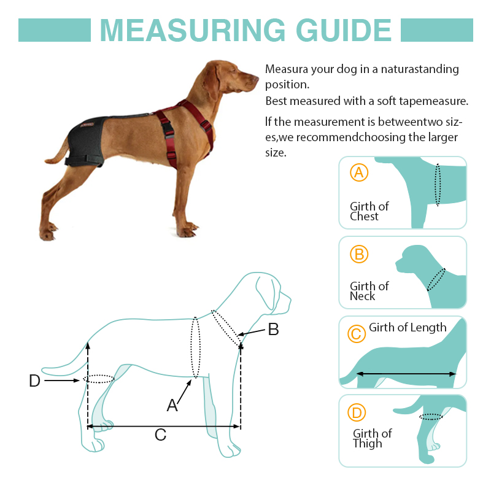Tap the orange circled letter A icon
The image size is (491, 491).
point(359,173)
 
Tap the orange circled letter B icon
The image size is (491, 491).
point(359,253)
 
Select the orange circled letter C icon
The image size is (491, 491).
point(356,334)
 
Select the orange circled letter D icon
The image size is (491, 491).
point(357,413)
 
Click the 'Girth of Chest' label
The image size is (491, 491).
point(369,211)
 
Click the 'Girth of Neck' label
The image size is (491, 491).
point(369,291)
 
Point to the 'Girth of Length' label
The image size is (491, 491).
point(408,328)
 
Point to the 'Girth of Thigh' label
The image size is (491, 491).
point(372,438)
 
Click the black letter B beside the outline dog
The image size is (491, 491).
point(273,330)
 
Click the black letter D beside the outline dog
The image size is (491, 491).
point(35,381)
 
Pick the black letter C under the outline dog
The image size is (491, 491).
point(160,435)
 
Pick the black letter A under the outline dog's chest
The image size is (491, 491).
point(172,405)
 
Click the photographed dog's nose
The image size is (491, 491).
point(256,78)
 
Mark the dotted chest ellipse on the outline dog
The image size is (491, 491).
point(195,348)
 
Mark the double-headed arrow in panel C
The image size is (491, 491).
point(406,373)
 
